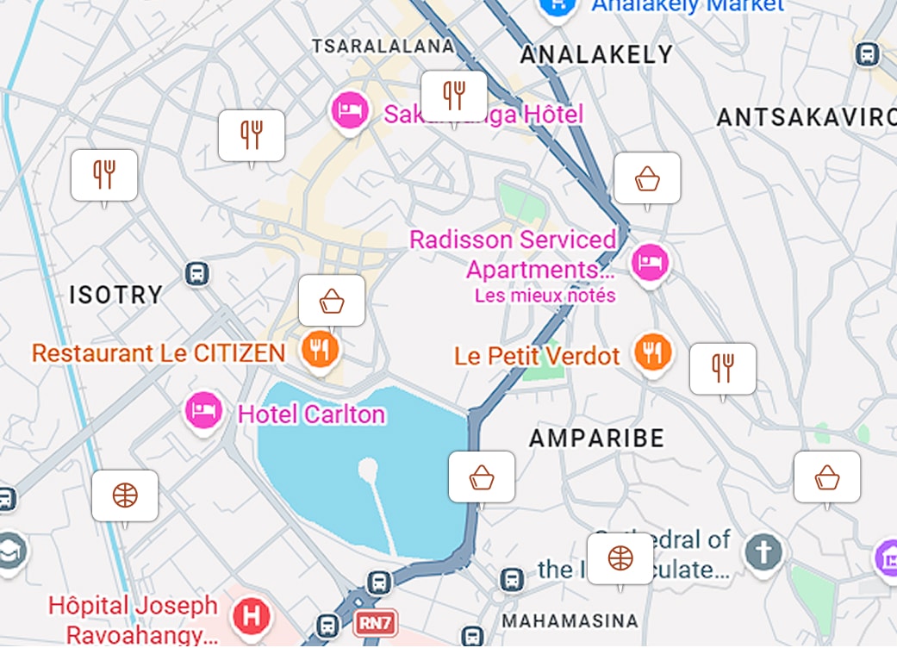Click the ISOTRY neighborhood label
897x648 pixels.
coord(115,295)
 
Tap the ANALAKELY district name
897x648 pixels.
coord(596,55)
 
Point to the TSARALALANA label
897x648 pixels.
coord(383,46)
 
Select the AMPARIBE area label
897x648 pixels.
coord(597,438)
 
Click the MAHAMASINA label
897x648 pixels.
coord(570,620)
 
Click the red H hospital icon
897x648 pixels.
coord(252,616)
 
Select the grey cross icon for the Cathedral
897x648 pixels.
coord(763,550)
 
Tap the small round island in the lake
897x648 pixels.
coord(368,470)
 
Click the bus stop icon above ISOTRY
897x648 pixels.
coord(197,274)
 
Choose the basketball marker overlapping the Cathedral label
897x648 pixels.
coord(620,558)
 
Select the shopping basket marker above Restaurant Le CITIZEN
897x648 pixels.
coord(332,301)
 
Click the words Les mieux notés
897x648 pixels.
coord(545,296)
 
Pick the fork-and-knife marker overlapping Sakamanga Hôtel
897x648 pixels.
coord(454,96)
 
